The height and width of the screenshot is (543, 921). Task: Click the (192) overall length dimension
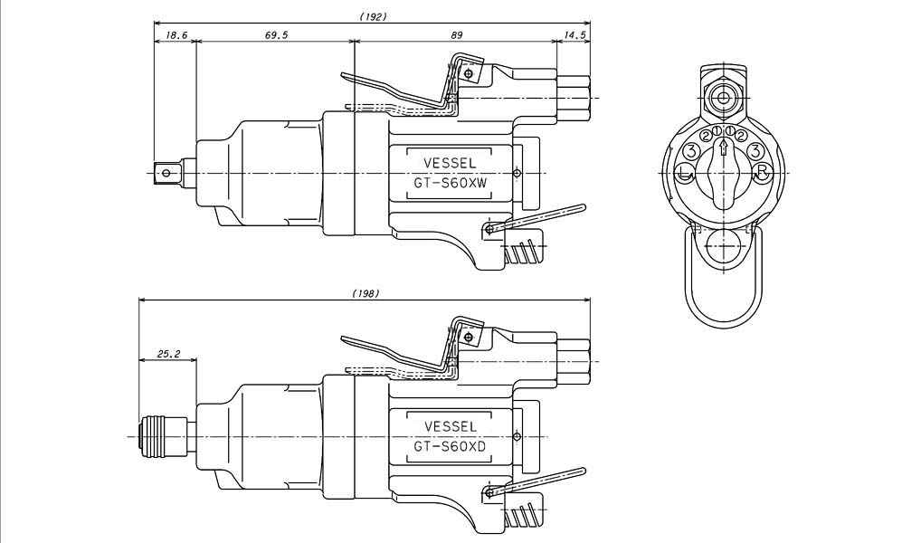(373, 16)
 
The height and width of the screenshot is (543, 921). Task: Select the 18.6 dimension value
(176, 35)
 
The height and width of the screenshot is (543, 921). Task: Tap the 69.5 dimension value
(276, 35)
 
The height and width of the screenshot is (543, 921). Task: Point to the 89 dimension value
(456, 35)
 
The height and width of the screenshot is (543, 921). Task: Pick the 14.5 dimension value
(574, 35)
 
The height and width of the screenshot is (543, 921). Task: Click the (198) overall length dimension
(366, 292)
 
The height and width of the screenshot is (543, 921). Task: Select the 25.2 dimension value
(168, 354)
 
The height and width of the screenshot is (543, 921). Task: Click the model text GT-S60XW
(451, 184)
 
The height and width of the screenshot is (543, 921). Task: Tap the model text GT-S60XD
(451, 447)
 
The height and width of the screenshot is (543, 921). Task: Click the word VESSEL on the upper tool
(451, 163)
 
